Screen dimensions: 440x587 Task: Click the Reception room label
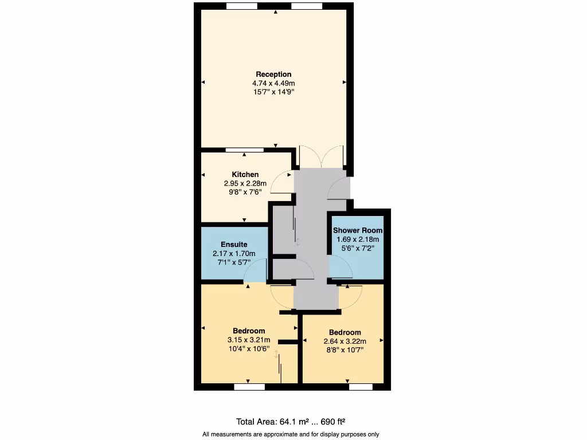pos(273,74)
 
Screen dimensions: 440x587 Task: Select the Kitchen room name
pos(245,174)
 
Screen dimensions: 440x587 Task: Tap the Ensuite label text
pos(234,244)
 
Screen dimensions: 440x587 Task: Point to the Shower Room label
pos(358,230)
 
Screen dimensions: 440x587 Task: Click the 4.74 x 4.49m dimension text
pos(273,83)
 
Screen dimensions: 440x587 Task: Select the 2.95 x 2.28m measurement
pos(245,183)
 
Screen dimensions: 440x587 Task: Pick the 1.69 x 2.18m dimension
pos(358,239)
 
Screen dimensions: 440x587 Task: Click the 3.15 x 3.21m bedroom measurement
pos(249,340)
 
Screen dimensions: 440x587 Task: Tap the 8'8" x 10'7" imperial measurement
pos(345,350)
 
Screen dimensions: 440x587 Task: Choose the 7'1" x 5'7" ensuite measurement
pos(234,262)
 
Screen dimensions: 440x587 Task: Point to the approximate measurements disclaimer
pos(291,434)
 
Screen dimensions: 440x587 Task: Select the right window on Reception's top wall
pos(307,6)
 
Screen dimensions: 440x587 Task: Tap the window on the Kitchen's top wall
pos(245,150)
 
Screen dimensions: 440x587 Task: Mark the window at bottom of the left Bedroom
pos(249,387)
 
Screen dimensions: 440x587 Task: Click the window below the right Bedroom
pos(361,387)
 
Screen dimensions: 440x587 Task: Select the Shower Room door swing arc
pos(342,267)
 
